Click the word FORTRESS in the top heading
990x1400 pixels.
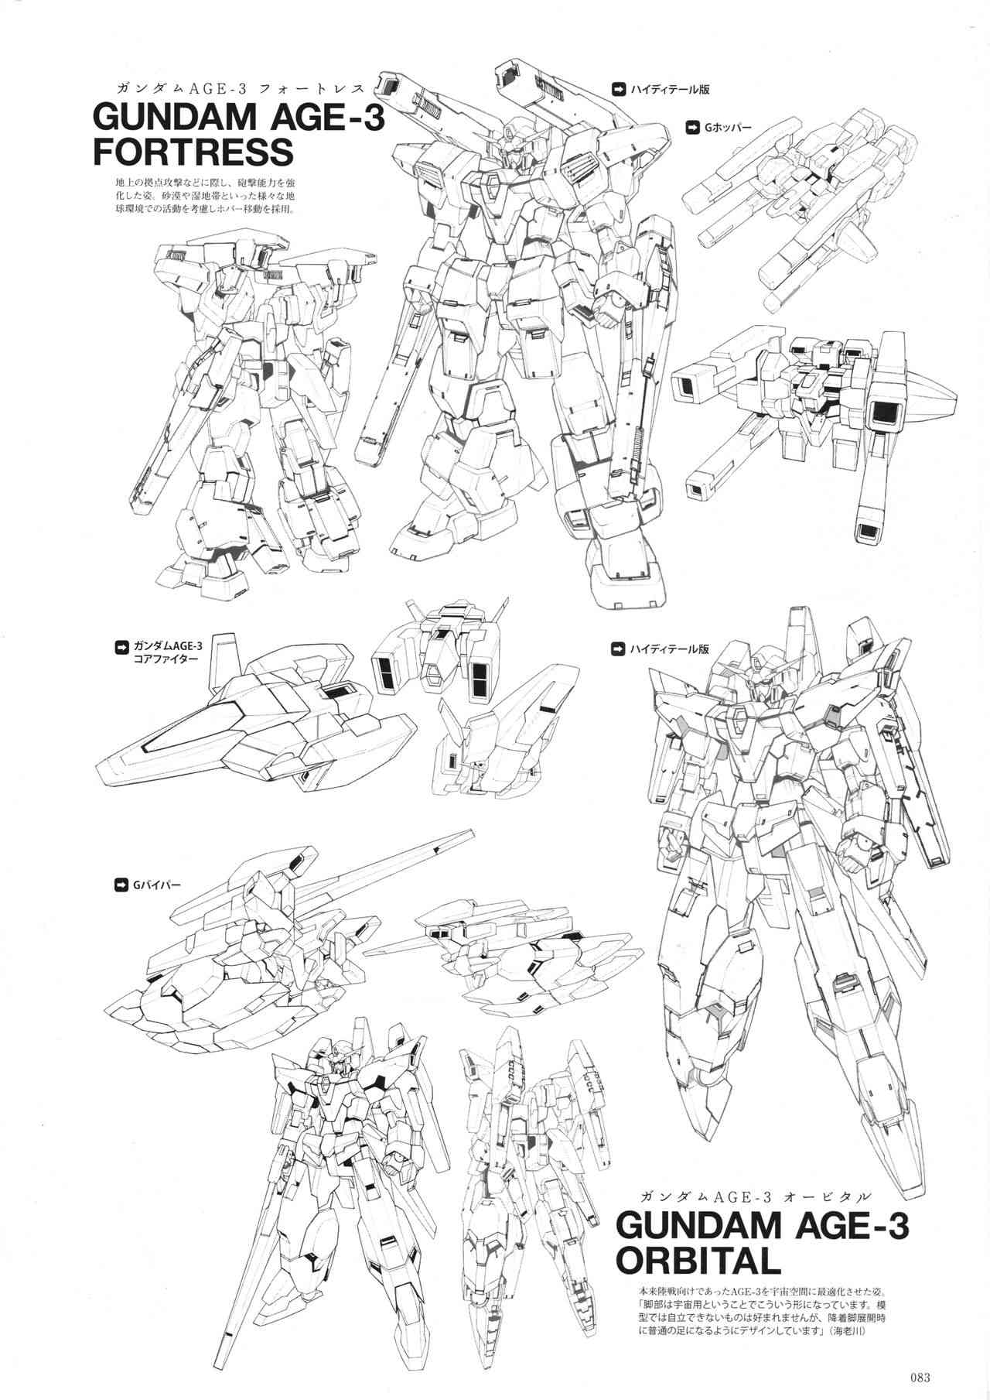[193, 152]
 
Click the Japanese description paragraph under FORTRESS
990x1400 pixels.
[203, 197]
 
